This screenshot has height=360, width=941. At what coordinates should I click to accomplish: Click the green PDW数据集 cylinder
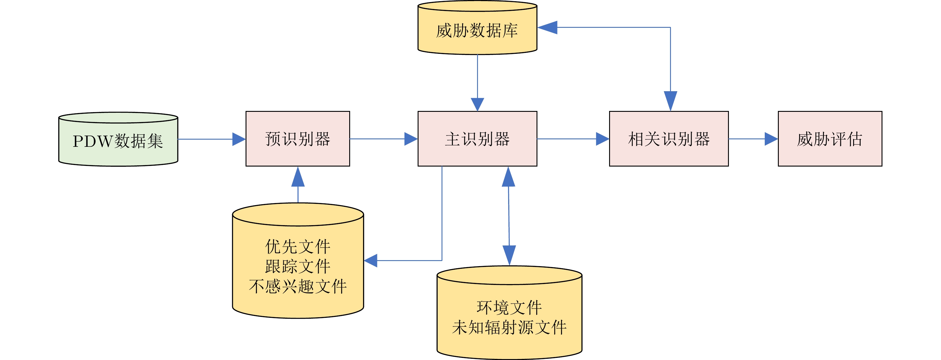pos(118,141)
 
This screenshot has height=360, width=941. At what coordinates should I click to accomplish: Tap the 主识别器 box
pos(477,139)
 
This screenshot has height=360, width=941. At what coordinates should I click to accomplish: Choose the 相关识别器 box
pos(669,139)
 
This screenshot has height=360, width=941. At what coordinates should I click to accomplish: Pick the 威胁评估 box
pos(830,139)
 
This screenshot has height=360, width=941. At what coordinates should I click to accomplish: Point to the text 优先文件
pos(298,247)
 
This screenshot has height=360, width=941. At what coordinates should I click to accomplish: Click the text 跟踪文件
pos(298,266)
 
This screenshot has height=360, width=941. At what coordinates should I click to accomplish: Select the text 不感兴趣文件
pos(298,286)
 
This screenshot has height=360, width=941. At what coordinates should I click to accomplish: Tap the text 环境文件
pos(509,308)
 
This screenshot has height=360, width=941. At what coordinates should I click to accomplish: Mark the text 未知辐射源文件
pos(509,327)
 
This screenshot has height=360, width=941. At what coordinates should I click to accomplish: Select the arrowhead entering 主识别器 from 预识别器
pos(411,139)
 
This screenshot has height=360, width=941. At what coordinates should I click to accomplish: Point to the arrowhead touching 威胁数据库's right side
pos(548,28)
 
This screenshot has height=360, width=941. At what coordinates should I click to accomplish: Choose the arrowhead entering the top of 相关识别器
pos(670,101)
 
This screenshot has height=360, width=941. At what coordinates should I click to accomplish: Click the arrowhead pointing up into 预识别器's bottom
pos(298,177)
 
